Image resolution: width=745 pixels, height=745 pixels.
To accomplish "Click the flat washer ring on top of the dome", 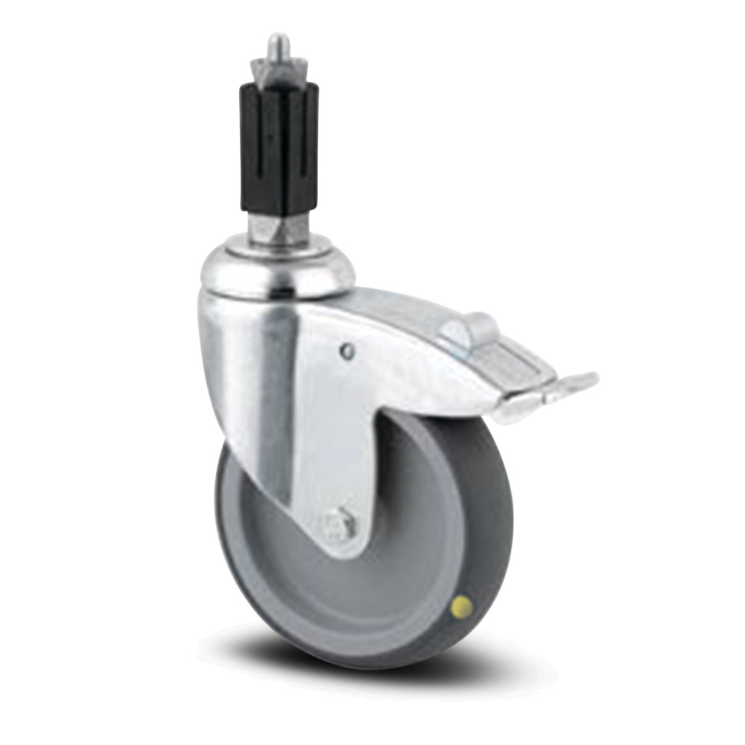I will coord(277,246).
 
